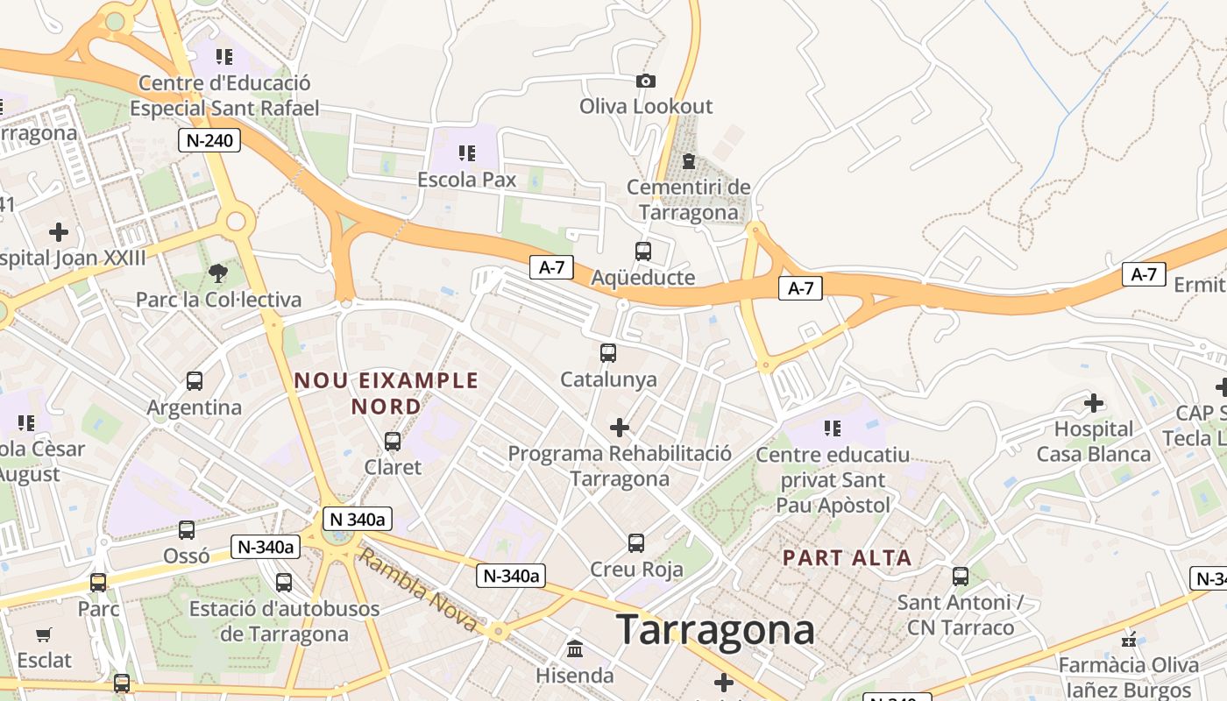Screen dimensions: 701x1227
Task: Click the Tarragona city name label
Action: coord(715,630)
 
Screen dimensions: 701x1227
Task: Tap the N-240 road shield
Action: coord(209,140)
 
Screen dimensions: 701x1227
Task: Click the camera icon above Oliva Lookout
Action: coord(646,81)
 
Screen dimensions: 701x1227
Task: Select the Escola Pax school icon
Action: coord(467,153)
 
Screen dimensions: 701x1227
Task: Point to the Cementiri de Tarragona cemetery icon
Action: coord(689,161)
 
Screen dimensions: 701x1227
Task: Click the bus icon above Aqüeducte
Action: coord(643,251)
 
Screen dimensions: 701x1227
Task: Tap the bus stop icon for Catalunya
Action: coord(608,353)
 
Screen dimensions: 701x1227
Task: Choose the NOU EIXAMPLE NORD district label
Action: coord(387,393)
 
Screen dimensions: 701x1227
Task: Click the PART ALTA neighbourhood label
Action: coord(847,557)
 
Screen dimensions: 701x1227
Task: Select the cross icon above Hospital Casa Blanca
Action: coord(1094,403)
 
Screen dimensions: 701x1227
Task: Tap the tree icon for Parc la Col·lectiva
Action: coord(218,273)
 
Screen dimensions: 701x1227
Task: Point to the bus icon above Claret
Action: coord(393,442)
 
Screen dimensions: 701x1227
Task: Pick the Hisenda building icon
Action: coord(575,650)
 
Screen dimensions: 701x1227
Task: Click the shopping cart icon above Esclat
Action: coord(44,634)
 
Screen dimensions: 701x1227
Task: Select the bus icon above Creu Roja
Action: coord(636,543)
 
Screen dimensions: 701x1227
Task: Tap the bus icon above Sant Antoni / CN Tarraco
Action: coord(961,577)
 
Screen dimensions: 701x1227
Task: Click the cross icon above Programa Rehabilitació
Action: coord(620,428)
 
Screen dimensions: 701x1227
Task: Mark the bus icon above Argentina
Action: coord(195,381)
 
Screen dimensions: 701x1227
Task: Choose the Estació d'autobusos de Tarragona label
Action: coord(285,621)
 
